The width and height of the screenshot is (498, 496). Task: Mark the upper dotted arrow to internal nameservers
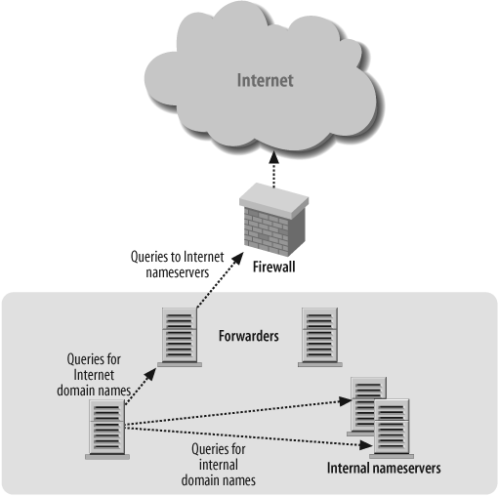pos(239,411)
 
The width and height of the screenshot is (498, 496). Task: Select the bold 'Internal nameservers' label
pos(384,469)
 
